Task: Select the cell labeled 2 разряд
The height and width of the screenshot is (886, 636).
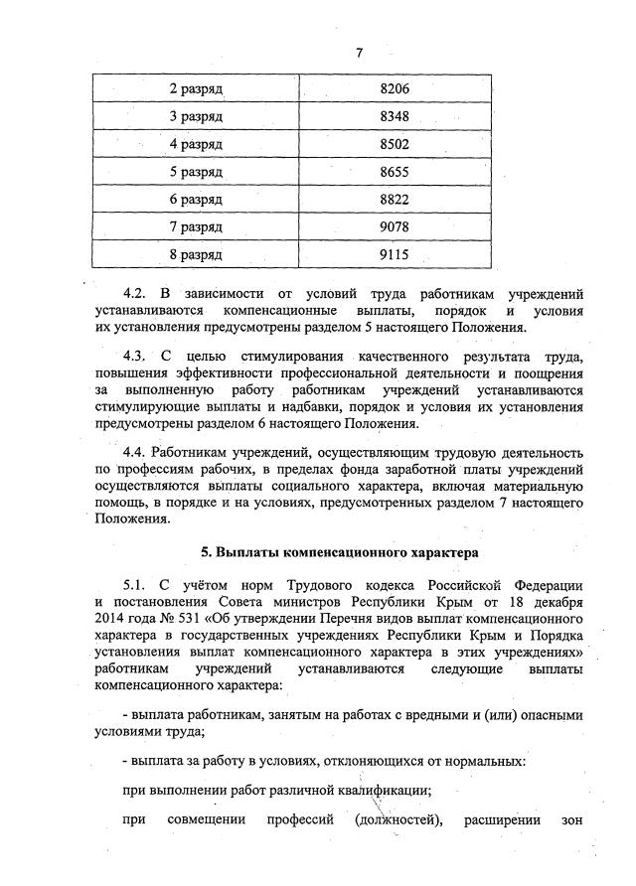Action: click(x=195, y=89)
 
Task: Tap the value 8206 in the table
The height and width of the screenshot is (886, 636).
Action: click(x=395, y=89)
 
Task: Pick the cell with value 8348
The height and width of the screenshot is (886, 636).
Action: click(x=395, y=116)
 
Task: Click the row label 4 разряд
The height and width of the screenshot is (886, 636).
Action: click(x=195, y=144)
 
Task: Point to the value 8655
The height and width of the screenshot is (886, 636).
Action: click(x=395, y=172)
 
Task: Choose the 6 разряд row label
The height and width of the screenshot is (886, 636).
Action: click(x=195, y=200)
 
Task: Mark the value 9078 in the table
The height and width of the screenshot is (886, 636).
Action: click(x=395, y=227)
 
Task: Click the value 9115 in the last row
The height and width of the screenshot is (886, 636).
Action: click(x=395, y=254)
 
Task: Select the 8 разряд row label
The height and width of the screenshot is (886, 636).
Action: click(x=195, y=254)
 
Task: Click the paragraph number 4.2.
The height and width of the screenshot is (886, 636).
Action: click(x=134, y=295)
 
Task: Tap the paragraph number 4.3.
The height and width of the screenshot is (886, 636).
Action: click(x=134, y=356)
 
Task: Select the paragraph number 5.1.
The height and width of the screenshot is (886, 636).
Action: click(x=134, y=583)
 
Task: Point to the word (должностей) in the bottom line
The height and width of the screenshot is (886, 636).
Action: click(x=395, y=820)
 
